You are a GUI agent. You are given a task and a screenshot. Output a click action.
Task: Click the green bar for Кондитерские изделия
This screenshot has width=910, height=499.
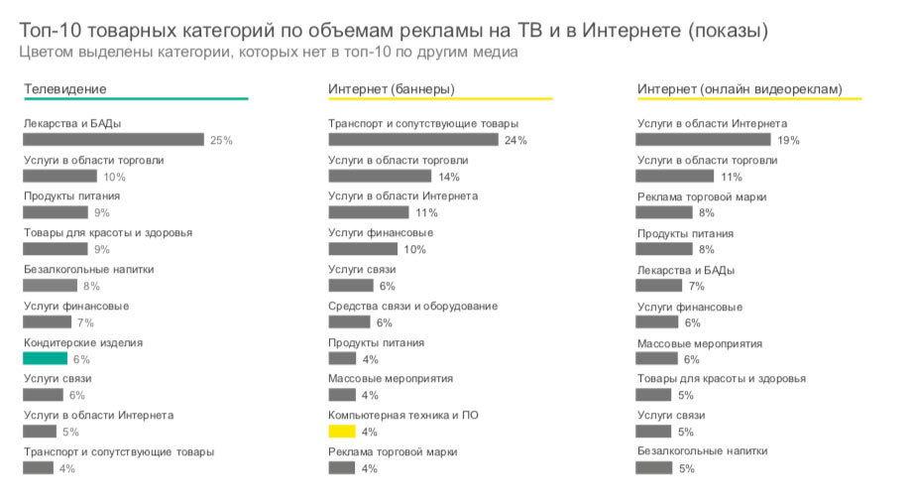click(46, 359)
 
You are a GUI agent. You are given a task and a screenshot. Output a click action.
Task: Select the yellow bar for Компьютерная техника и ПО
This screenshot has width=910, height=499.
click(341, 432)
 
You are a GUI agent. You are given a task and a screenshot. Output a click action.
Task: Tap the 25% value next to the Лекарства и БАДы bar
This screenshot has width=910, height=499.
click(221, 141)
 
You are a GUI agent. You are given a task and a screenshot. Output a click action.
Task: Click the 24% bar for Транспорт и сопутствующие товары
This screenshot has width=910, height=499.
click(412, 140)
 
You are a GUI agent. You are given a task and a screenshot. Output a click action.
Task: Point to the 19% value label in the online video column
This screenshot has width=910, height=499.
click(789, 141)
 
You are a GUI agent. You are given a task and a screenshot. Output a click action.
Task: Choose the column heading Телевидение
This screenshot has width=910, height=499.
click(65, 89)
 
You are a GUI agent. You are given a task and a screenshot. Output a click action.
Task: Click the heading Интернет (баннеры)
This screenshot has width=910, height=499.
click(392, 89)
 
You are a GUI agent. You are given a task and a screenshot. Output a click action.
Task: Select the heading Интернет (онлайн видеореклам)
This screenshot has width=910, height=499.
click(739, 89)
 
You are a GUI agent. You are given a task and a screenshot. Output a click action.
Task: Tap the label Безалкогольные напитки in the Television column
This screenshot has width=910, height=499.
click(89, 269)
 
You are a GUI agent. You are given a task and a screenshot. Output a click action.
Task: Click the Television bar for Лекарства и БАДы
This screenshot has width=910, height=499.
click(113, 140)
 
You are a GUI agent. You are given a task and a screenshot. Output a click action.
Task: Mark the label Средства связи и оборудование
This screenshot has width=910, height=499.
click(412, 306)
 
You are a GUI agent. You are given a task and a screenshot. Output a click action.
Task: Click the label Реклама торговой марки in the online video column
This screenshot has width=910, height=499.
click(702, 196)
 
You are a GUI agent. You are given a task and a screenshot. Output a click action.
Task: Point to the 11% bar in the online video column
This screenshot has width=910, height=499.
click(675, 177)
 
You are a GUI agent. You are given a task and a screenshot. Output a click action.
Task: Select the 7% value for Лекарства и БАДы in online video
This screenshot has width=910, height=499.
click(695, 287)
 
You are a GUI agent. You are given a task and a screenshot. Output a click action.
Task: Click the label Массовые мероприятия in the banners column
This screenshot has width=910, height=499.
click(391, 378)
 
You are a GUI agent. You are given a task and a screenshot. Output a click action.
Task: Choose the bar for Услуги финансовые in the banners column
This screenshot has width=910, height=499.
click(363, 249)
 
